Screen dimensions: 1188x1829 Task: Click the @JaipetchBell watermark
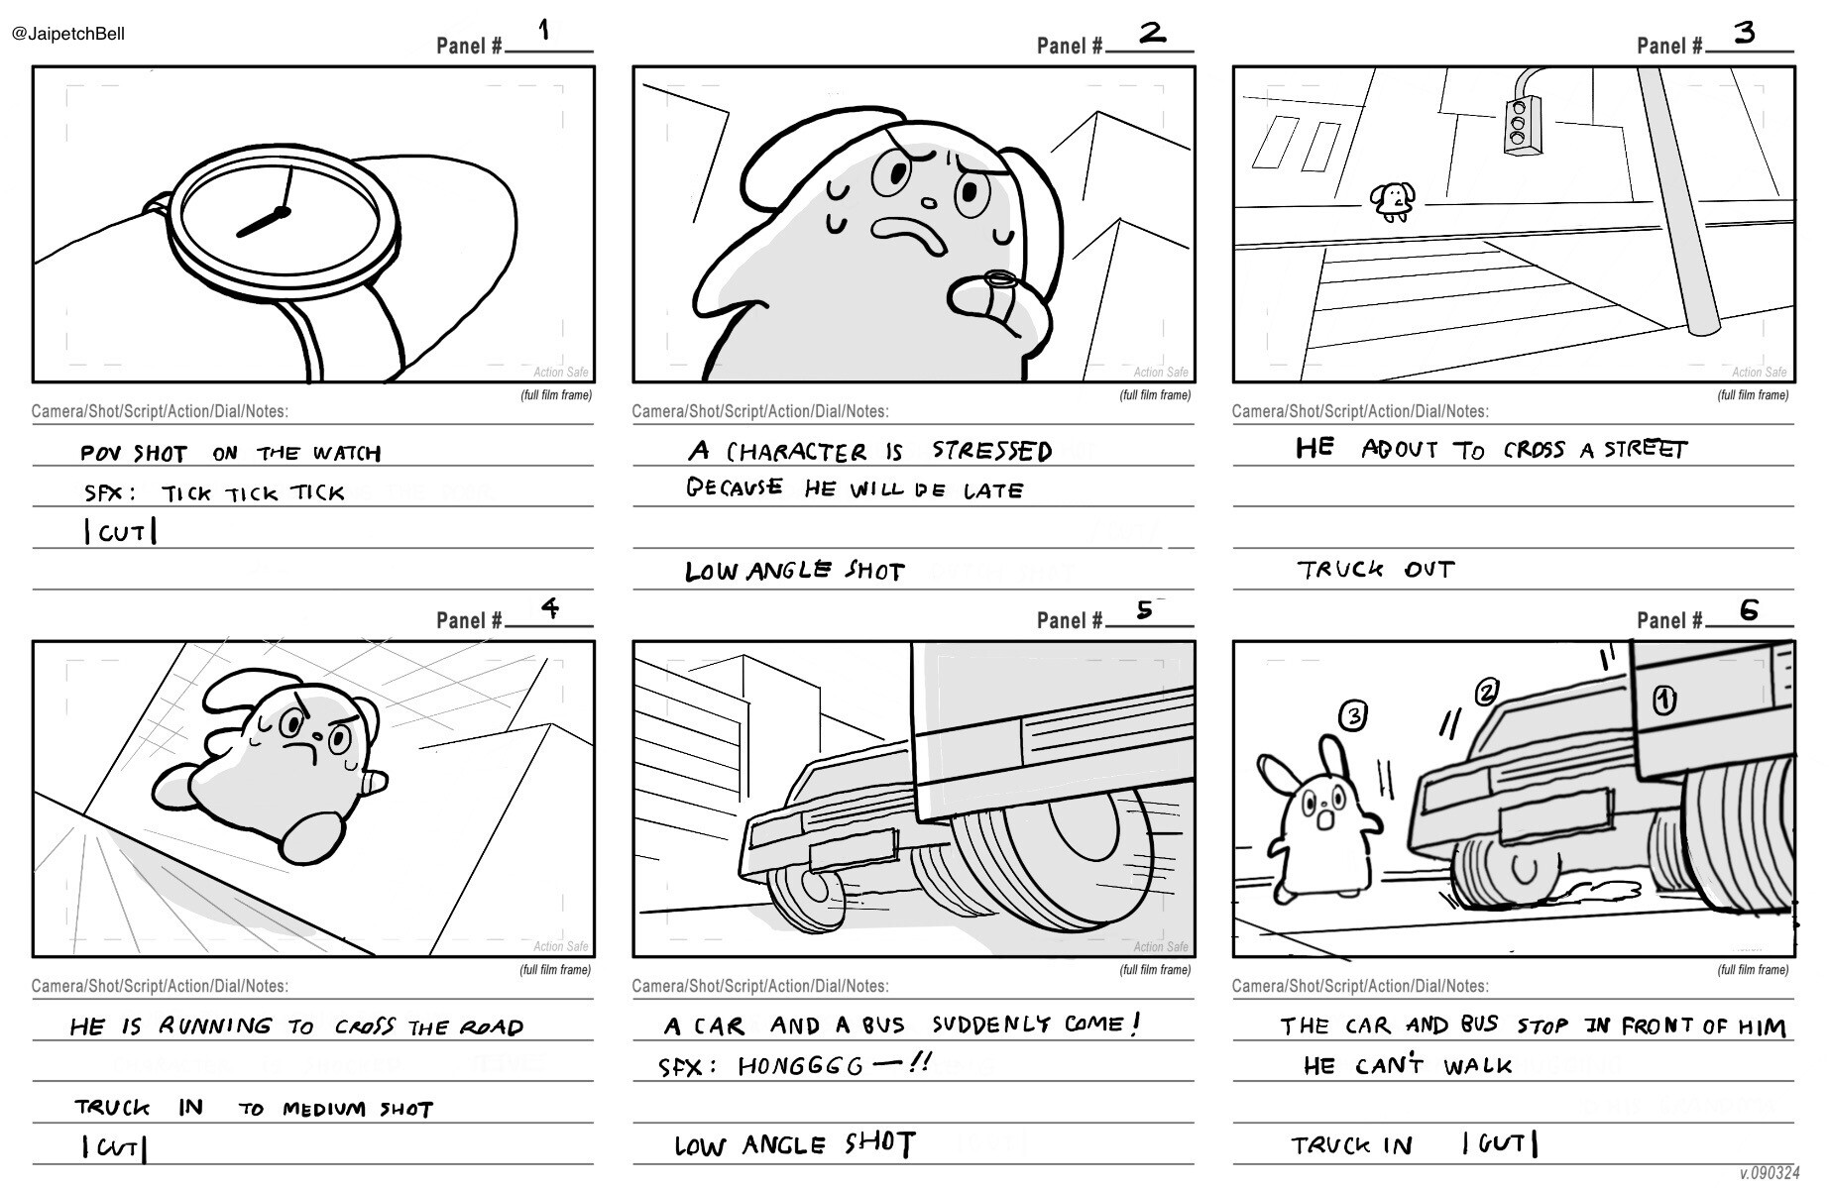(x=68, y=34)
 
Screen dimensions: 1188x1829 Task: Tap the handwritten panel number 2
(x=1151, y=33)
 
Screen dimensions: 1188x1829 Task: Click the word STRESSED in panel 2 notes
(x=991, y=452)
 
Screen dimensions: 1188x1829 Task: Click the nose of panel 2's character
(x=928, y=203)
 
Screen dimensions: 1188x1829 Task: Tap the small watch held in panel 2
(x=999, y=280)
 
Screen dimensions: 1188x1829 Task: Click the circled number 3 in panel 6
(x=1353, y=715)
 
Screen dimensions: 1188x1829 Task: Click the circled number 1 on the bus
(x=1664, y=701)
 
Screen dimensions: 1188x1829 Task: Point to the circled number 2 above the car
(x=1486, y=693)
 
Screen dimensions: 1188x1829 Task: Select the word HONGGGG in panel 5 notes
(x=801, y=1066)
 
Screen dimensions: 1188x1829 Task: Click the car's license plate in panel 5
(x=853, y=850)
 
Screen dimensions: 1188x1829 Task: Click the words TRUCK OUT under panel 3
(x=1376, y=570)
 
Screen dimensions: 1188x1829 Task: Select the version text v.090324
(x=1769, y=1173)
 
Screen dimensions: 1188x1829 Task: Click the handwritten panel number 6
(x=1749, y=609)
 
